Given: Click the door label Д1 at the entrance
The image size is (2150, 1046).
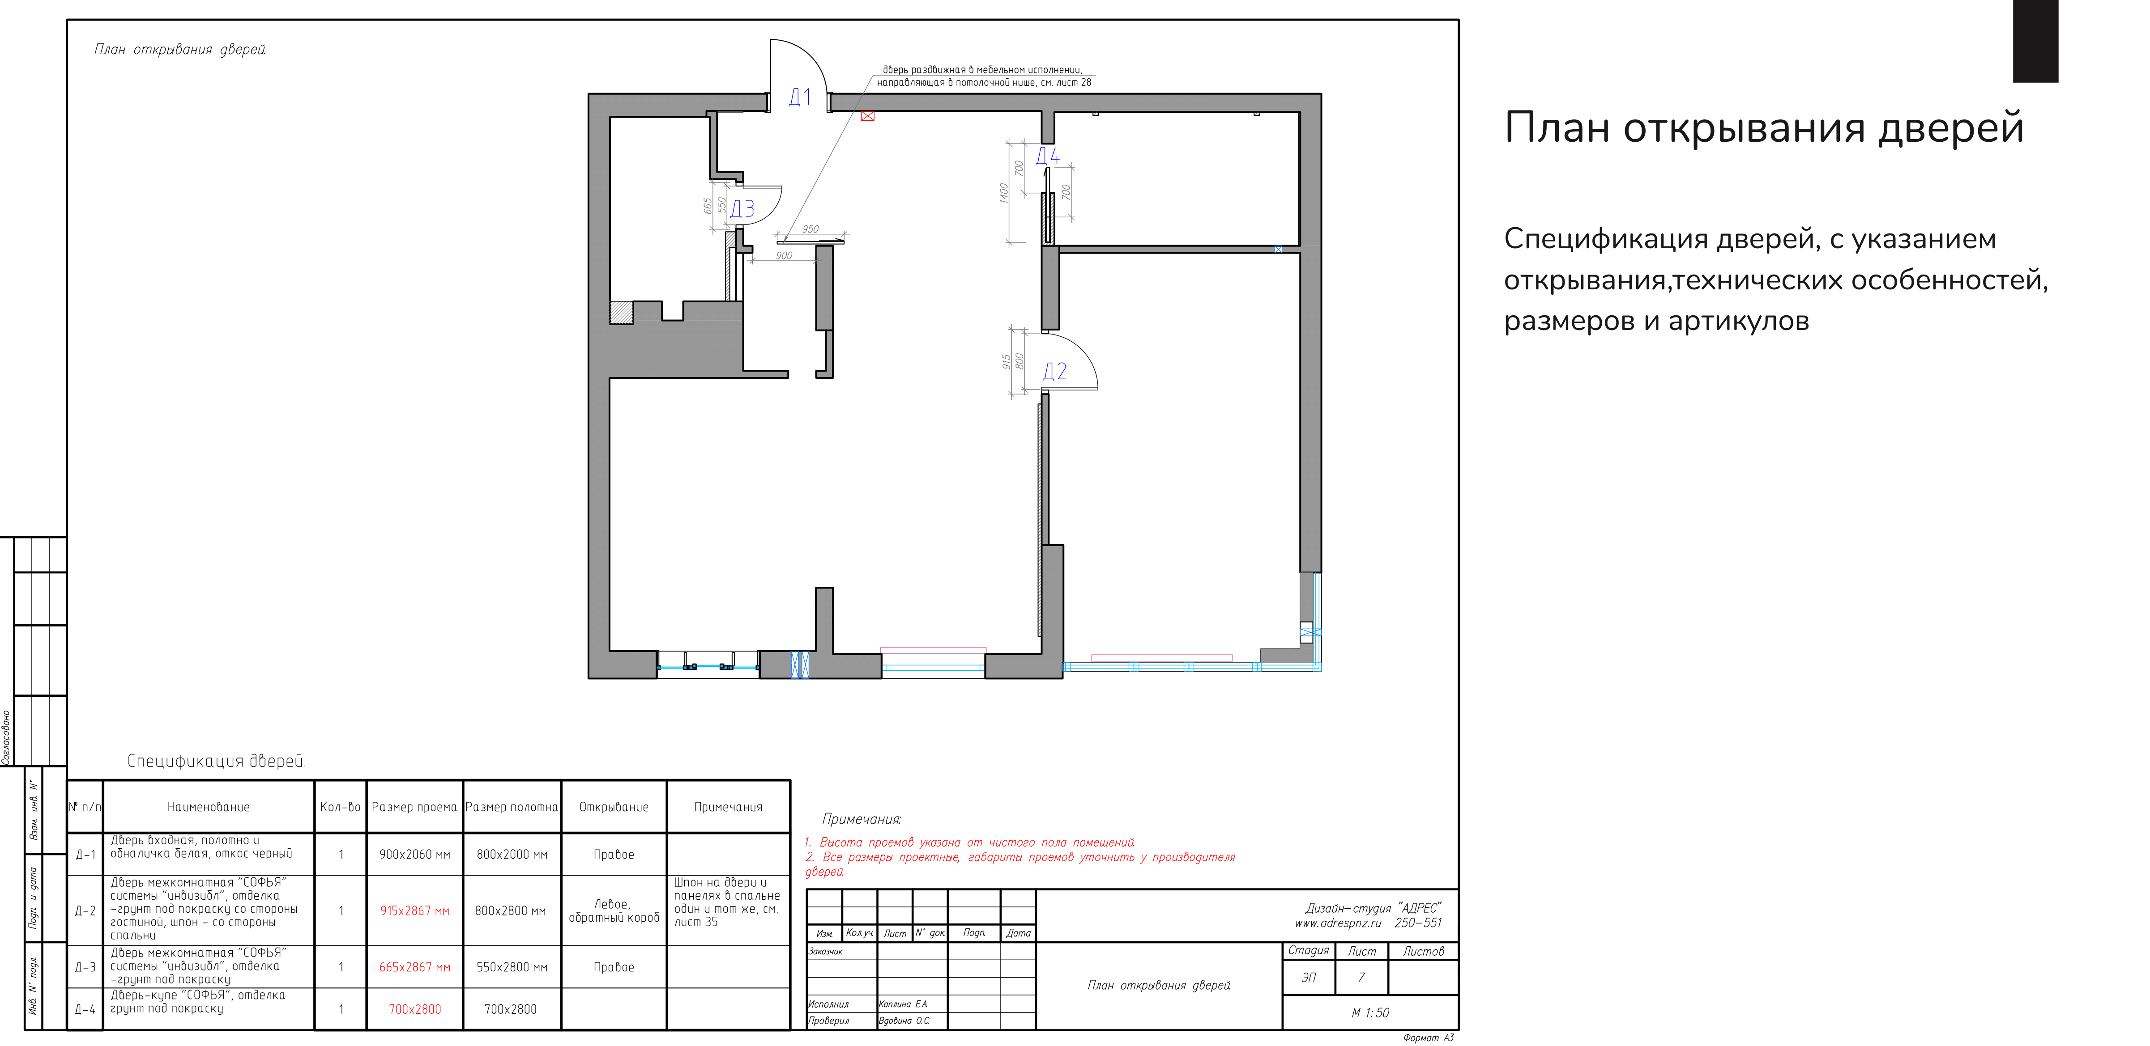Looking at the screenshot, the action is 800,97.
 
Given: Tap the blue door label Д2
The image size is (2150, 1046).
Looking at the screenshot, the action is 1054,371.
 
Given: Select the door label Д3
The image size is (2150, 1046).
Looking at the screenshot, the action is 742,208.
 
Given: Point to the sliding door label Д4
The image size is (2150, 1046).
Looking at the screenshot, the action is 1047,156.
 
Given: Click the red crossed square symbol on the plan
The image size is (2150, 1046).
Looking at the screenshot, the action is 868,116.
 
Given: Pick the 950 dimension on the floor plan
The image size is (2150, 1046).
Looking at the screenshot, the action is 811,229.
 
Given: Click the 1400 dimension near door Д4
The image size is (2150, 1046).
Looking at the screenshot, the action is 1004,193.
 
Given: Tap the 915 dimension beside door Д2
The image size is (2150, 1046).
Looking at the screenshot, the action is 1007,361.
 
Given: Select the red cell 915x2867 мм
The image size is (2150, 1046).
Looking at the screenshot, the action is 415,911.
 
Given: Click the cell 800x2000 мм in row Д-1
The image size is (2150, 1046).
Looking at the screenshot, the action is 512,854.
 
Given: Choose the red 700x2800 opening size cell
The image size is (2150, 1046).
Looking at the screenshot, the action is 415,1009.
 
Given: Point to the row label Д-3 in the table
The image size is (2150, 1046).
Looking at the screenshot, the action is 85,968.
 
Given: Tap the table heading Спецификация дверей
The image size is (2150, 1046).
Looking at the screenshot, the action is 216,761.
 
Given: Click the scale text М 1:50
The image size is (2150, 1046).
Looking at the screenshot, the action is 1370,1012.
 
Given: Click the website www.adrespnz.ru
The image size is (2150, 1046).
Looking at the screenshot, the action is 1338,923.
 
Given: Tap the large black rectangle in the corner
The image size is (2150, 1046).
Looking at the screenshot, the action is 2036,41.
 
